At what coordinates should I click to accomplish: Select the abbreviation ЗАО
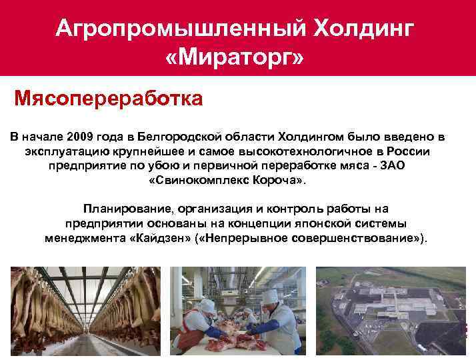point(398,165)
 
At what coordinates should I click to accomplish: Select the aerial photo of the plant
point(391,310)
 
